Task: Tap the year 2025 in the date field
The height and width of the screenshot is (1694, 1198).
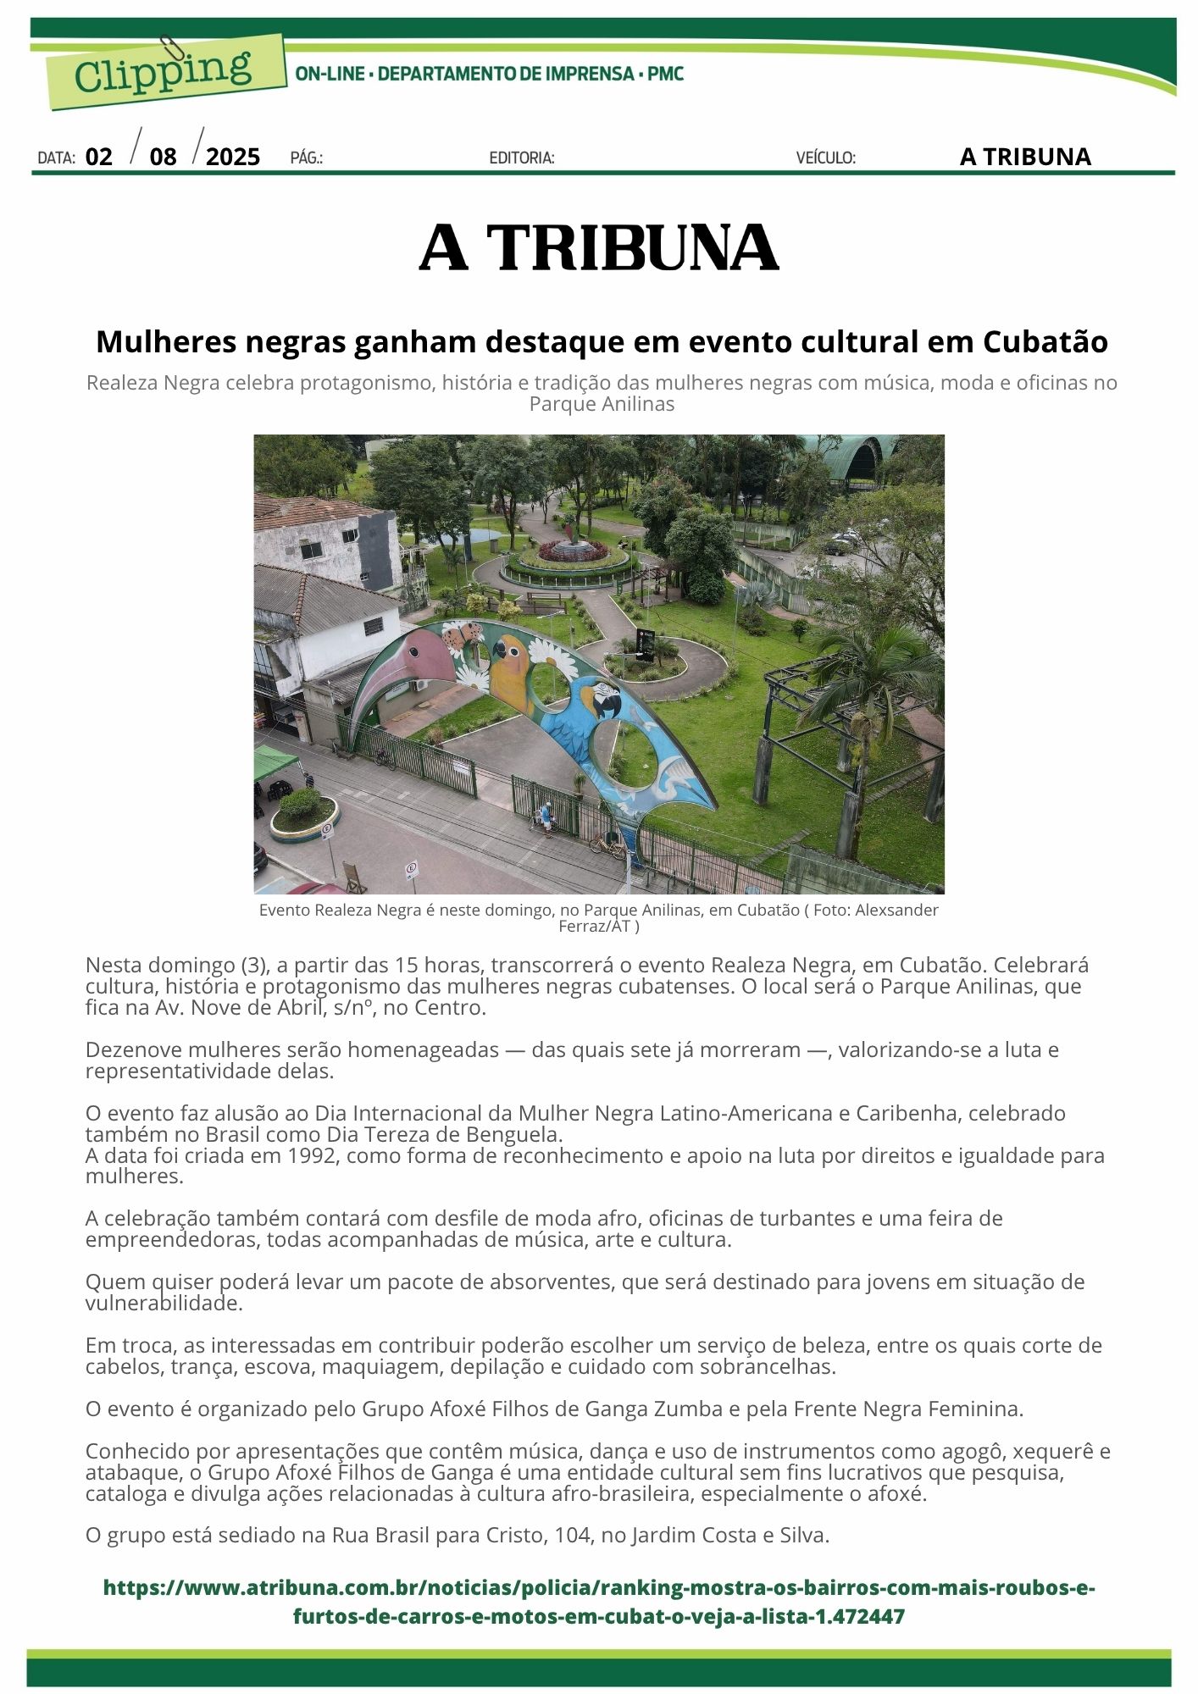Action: point(233,157)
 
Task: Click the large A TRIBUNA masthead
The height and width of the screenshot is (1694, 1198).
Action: point(599,248)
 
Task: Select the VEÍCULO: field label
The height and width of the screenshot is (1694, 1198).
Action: point(825,158)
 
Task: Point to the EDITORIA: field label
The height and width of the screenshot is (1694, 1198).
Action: point(522,158)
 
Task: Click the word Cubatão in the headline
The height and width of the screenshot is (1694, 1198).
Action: point(1045,341)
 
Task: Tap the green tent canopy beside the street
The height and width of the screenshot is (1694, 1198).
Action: point(275,763)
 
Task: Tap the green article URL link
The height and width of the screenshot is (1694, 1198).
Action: point(599,1602)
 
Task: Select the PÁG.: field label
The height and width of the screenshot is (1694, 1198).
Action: point(307,158)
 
